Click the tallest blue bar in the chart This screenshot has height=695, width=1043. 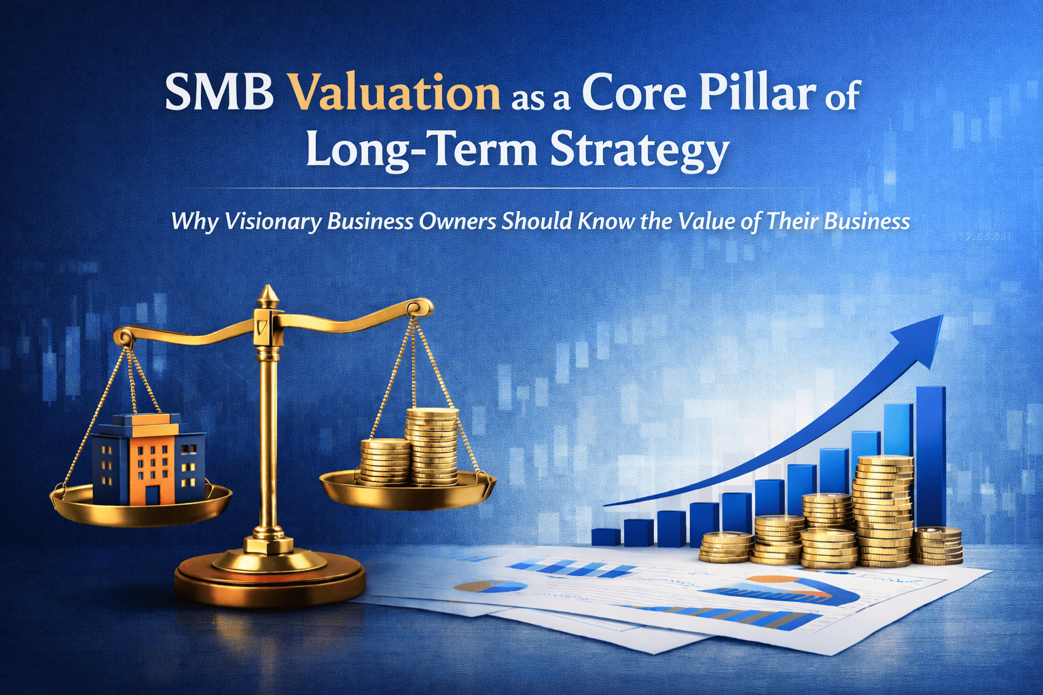[x=930, y=455]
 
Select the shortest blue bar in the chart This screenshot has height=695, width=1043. [x=606, y=537]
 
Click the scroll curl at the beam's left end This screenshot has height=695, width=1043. [x=123, y=335]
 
